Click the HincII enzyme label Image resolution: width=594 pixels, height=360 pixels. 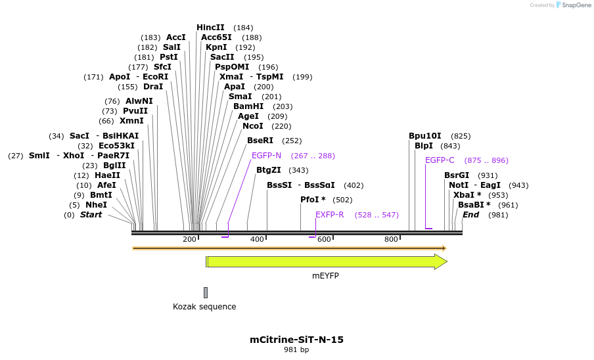coord(210,28)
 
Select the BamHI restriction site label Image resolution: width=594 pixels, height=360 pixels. coord(248,106)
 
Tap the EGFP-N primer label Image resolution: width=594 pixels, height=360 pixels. coord(266,156)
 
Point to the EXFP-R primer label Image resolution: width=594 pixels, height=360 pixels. coord(329,215)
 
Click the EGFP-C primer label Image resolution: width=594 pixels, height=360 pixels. coord(440,160)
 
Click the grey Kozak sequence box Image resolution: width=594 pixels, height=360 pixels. coord(206,292)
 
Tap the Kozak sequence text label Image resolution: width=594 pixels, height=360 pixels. coord(204,307)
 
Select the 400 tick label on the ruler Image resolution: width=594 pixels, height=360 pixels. coord(257,239)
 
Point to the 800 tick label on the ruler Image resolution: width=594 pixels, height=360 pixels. coord(391,239)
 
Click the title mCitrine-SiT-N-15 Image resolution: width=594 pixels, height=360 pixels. coord(296,340)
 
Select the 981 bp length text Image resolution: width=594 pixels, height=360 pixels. coord(296,350)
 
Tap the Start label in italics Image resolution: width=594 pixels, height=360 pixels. coord(91,215)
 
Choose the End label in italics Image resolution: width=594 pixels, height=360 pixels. coord(470,215)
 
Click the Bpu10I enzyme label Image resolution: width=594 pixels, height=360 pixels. coord(425,136)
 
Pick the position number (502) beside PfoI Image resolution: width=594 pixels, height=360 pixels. coord(342,200)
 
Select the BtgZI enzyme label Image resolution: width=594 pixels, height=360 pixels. coord(269,170)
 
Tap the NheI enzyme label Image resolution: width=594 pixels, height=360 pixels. coord(96,205)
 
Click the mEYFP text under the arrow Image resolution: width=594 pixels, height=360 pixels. coord(325,276)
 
